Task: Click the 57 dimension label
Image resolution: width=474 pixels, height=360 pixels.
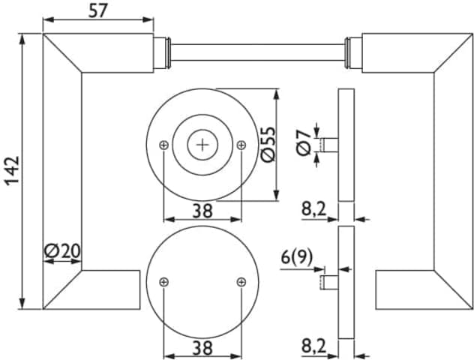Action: click(98, 11)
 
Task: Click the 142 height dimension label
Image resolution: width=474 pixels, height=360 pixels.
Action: click(13, 170)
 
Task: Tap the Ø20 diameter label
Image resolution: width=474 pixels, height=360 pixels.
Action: click(62, 251)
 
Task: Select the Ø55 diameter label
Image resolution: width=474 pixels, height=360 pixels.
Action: click(268, 144)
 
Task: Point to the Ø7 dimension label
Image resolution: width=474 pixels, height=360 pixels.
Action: click(304, 142)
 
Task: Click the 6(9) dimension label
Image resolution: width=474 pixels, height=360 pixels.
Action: click(297, 258)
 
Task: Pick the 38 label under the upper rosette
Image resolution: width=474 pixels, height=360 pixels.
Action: click(202, 211)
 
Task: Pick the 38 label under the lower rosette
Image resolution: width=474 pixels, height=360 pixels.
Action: click(202, 347)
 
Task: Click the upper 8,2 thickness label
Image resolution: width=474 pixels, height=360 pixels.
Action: click(314, 208)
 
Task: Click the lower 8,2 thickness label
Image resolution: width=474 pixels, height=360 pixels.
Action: click(314, 346)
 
